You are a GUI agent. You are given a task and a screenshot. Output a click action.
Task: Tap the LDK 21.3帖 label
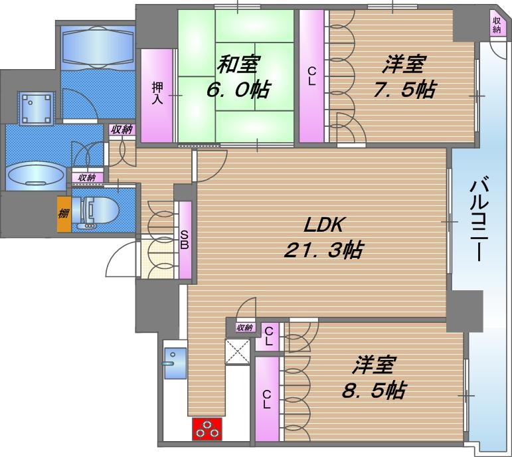[324, 237]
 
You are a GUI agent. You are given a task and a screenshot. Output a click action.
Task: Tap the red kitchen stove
[207, 429]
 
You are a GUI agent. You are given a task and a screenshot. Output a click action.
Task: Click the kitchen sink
[175, 363]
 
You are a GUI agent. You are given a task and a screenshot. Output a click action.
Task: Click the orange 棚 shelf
[63, 215]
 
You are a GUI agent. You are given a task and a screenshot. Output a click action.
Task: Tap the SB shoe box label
[185, 240]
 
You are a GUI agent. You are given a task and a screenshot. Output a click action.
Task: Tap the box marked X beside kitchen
[238, 350]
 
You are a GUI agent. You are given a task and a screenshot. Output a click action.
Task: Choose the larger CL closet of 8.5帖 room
[267, 399]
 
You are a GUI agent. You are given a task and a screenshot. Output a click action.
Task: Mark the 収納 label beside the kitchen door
[244, 327]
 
